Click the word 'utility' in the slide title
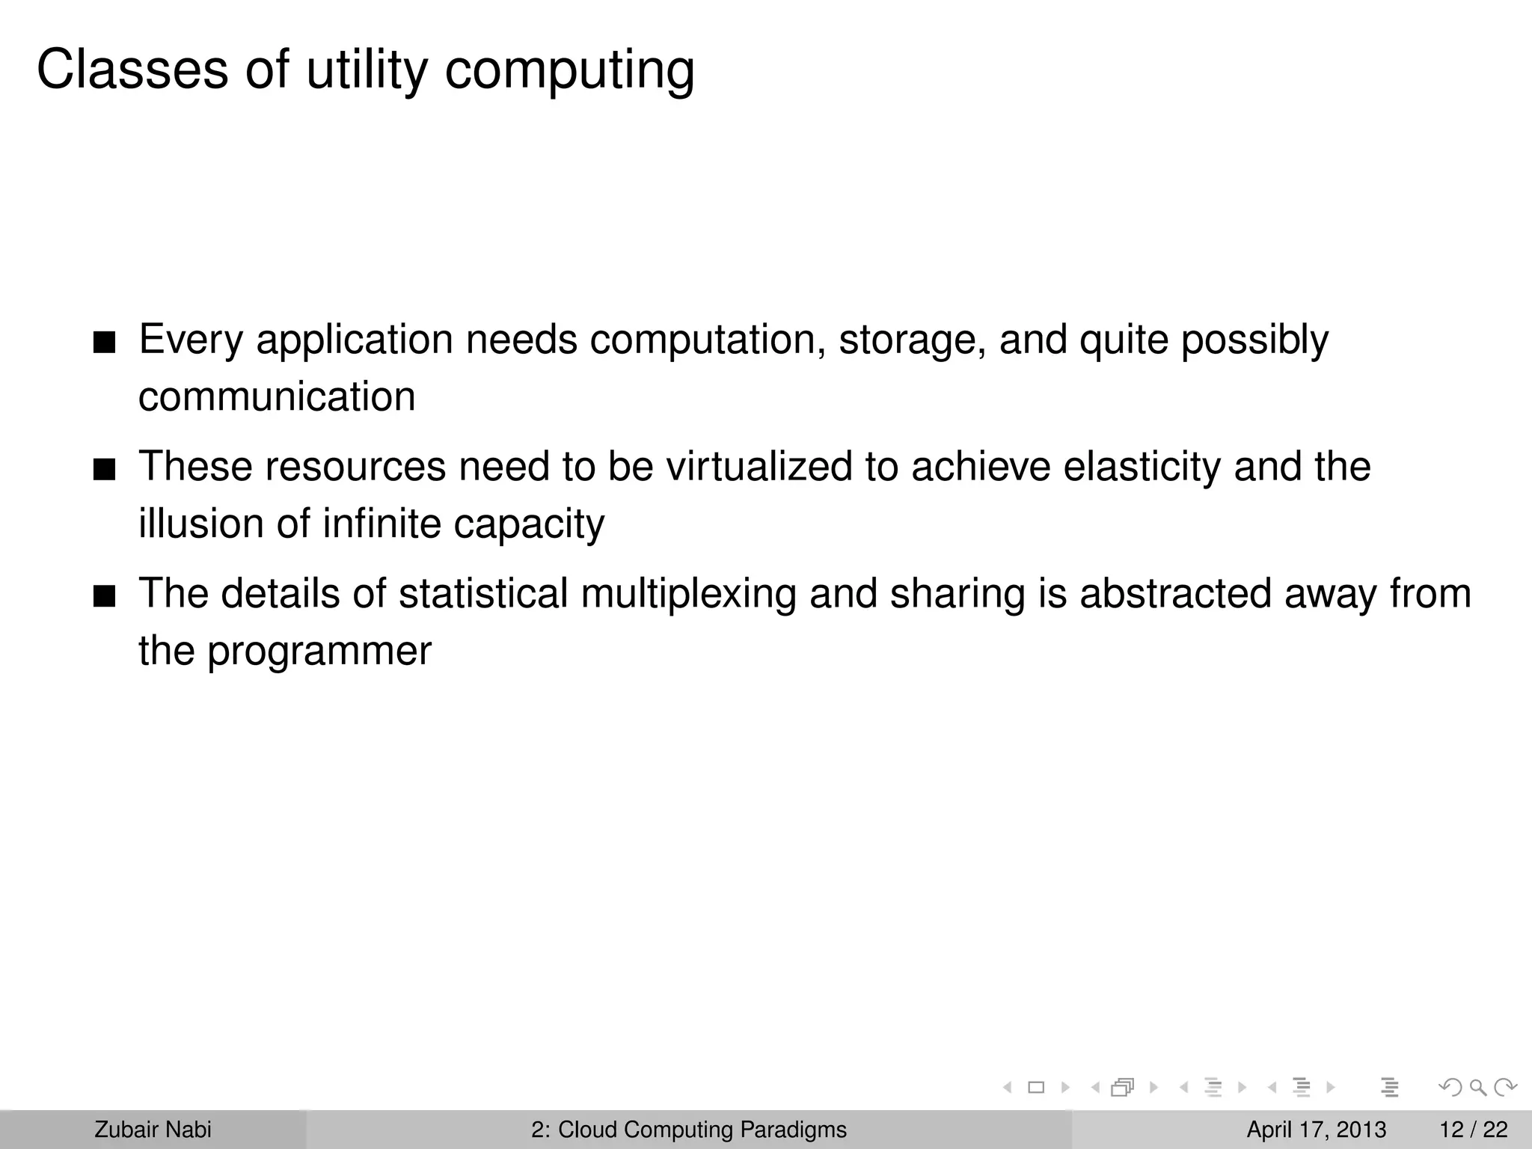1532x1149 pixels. (367, 70)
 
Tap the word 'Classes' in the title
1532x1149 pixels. (132, 70)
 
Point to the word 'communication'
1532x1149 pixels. (277, 396)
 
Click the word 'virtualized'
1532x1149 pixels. (759, 467)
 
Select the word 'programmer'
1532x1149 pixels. (319, 651)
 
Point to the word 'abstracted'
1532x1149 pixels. (1175, 594)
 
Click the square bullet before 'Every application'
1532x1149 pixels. (104, 343)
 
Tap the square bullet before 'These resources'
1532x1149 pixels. (104, 471)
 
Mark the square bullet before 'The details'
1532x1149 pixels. (104, 598)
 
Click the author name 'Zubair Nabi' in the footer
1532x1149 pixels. (153, 1130)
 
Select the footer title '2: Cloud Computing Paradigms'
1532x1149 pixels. (689, 1130)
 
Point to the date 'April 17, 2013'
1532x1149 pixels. (1316, 1130)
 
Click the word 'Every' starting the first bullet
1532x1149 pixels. (191, 340)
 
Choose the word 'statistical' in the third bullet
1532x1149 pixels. (483, 594)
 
